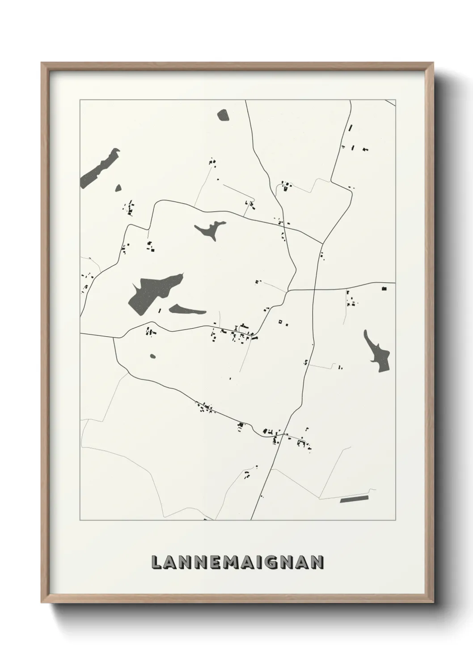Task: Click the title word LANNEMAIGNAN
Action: point(237,562)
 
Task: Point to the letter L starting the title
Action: point(157,562)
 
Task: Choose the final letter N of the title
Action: point(317,562)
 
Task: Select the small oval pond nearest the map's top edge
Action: point(223,115)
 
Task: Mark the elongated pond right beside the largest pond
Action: point(187,309)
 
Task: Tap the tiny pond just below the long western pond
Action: point(118,188)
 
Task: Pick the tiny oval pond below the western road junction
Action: point(153,356)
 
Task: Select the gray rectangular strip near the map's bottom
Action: point(354,499)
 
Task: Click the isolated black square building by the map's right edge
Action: point(384,289)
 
